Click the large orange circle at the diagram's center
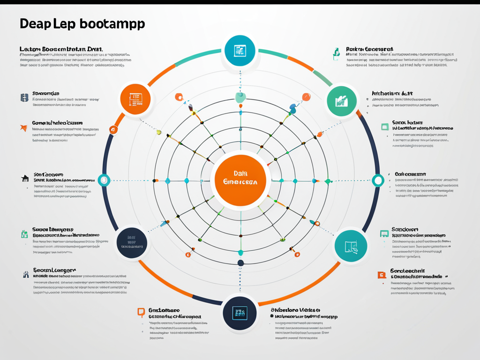pos(240,180)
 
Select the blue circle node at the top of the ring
pos(240,51)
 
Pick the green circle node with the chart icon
pos(342,99)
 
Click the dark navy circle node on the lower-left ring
pos(132,243)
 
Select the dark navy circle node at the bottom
pos(240,312)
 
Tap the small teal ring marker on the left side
pos(104,180)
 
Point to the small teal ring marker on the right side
pos(378,180)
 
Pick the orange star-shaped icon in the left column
pos(23,127)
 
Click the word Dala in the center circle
pos(240,173)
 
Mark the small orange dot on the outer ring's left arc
pos(113,130)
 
